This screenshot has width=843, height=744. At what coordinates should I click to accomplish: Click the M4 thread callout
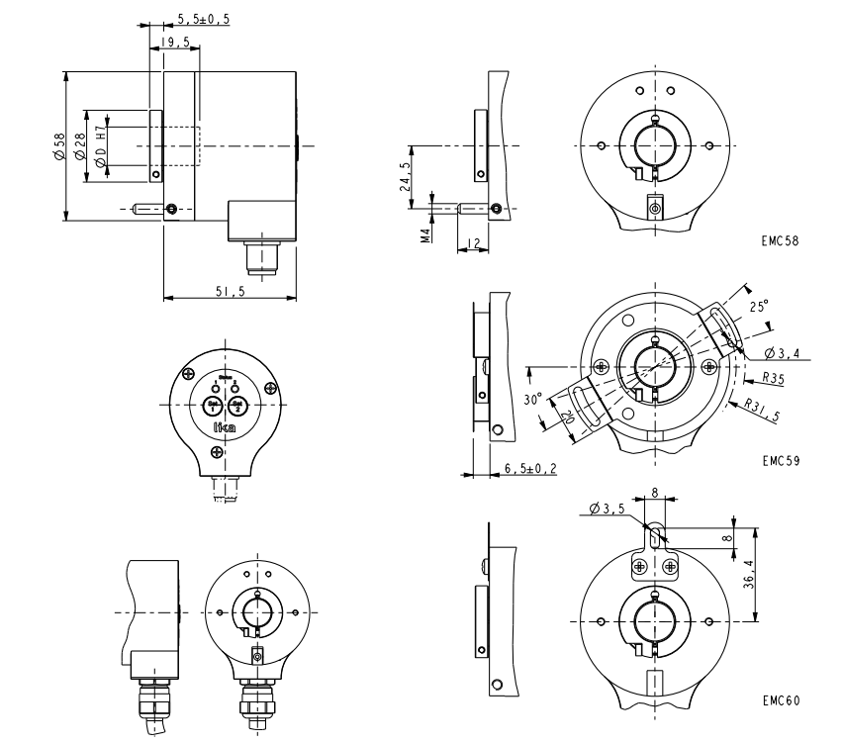[x=424, y=236]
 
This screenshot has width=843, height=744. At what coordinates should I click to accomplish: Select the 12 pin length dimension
[x=475, y=242]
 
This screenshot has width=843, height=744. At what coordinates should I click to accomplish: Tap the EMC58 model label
[x=782, y=240]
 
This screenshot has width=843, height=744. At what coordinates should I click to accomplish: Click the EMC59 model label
[x=782, y=460]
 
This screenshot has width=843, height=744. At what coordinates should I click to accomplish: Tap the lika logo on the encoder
[x=225, y=427]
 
